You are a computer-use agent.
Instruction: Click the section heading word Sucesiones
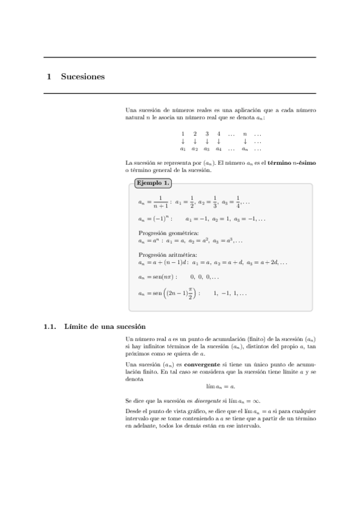click(x=83, y=76)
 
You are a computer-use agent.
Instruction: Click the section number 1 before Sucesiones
click(x=49, y=76)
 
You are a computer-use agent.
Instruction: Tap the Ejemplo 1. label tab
click(x=153, y=183)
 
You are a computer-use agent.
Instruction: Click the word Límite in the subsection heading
click(x=76, y=327)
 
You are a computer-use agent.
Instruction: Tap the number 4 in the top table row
click(x=219, y=134)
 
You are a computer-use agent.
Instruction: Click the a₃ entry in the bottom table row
click(x=207, y=148)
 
